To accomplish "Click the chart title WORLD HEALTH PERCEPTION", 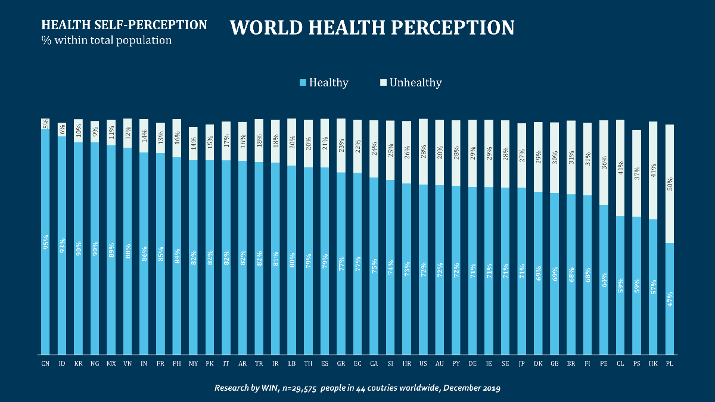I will tap(372, 27).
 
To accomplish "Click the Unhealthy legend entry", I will tap(411, 83).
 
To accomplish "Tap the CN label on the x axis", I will tap(45, 363).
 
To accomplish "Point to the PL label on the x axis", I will tap(670, 363).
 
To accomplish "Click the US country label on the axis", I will tap(423, 363).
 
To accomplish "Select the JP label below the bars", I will tap(522, 363).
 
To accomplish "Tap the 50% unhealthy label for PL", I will tap(670, 183).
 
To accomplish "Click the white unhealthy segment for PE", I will tap(604, 162).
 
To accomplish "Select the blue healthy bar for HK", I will tap(653, 286).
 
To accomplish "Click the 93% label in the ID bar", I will tap(62, 245).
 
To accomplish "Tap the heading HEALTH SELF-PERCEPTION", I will tap(124, 26).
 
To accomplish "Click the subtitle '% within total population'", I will tap(107, 40).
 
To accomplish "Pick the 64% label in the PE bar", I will tap(604, 280).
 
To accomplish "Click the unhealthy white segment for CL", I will tap(620, 168).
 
